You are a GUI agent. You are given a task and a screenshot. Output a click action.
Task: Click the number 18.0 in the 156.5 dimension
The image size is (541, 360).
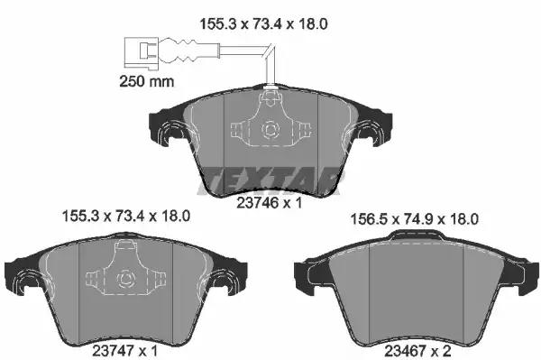tap(462, 218)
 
